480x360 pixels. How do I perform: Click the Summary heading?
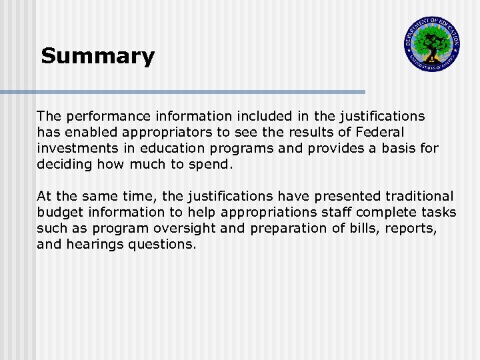[97, 56]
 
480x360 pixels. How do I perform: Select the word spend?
[211, 165]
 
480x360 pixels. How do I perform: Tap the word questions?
[162, 245]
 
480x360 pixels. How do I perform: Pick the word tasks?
[439, 213]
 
